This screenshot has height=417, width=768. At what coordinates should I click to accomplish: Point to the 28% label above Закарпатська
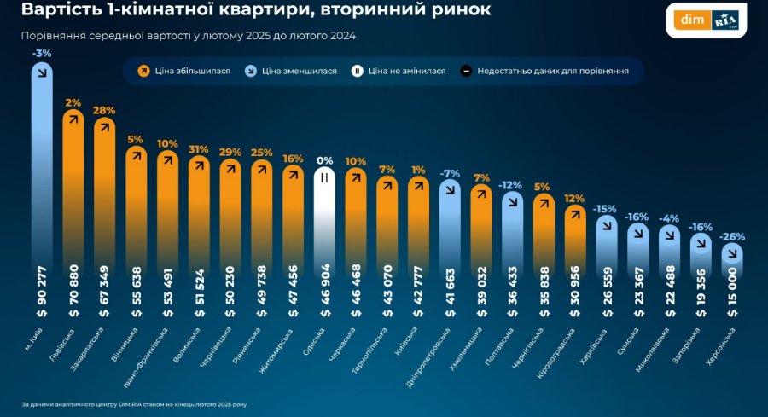coord(105,110)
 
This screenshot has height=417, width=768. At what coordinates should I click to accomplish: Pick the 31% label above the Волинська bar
coord(199,149)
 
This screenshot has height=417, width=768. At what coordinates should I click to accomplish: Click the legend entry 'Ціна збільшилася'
coord(185,71)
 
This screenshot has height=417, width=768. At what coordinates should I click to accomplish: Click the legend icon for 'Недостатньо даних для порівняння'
coord(466,71)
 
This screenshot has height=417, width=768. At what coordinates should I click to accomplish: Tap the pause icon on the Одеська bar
coord(324,177)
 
